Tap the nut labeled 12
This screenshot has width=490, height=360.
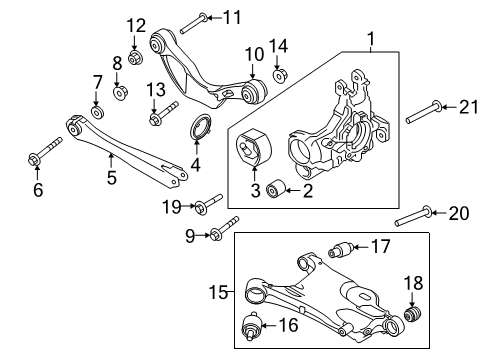pyautogui.click(x=136, y=45)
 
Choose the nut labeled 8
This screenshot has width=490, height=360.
pyautogui.click(x=119, y=94)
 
